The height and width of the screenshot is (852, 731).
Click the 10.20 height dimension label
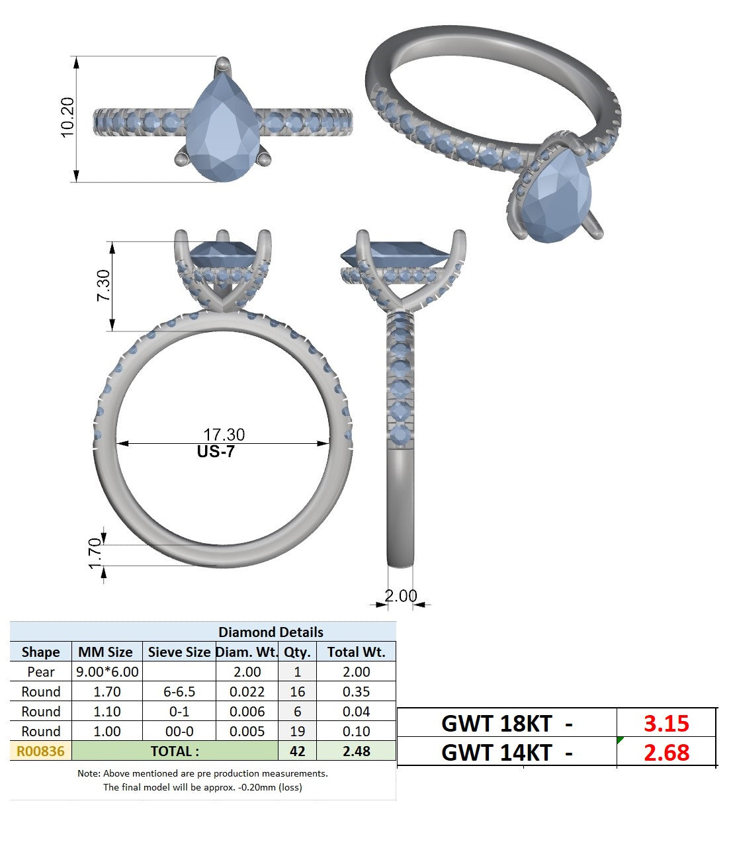coord(67,117)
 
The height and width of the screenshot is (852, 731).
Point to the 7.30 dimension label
coord(103,285)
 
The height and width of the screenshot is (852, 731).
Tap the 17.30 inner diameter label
coord(224,435)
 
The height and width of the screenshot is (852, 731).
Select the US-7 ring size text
coord(216,451)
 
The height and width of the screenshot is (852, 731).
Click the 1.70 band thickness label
coord(95,554)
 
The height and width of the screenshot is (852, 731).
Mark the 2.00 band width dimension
coord(401,595)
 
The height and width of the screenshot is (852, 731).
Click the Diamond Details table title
coord(271,632)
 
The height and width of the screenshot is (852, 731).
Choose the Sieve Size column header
coord(179,652)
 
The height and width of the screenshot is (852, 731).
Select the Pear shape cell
coord(41,672)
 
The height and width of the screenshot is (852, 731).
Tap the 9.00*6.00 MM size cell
coord(107,672)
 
